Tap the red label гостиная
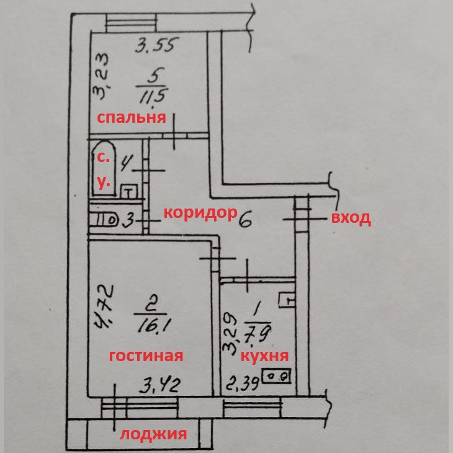(x=146, y=356)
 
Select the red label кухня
(x=264, y=356)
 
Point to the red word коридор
(x=200, y=213)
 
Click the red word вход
(x=351, y=218)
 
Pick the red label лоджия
(x=153, y=434)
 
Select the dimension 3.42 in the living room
(x=158, y=385)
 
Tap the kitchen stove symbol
(x=277, y=376)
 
